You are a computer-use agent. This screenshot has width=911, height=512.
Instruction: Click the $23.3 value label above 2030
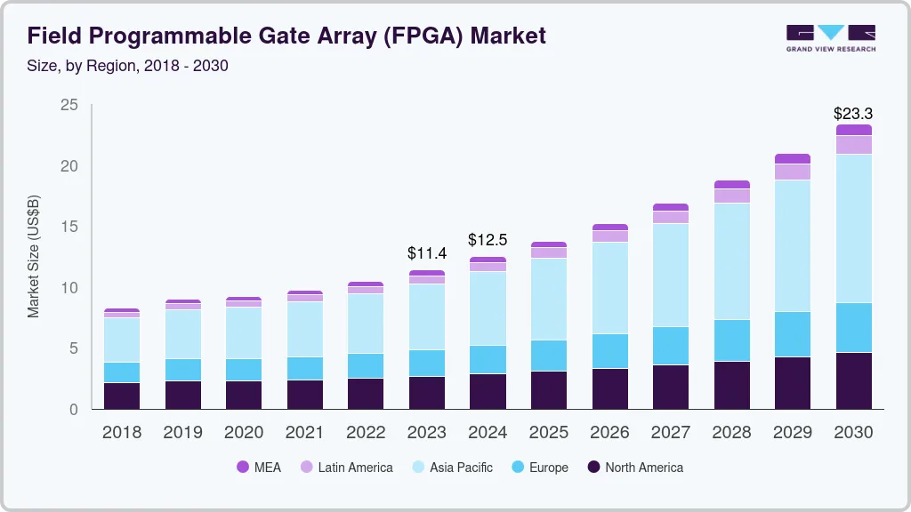point(853,114)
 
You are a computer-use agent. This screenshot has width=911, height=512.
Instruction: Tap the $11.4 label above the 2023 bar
point(427,253)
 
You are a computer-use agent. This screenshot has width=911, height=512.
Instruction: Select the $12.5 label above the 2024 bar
point(488,240)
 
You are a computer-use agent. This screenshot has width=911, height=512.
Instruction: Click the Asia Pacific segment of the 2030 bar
point(853,228)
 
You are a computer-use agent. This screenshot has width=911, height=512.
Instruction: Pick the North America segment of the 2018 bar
point(122,396)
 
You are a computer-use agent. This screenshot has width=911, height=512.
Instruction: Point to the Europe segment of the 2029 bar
point(793,334)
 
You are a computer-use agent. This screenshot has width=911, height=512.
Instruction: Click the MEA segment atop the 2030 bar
point(853,130)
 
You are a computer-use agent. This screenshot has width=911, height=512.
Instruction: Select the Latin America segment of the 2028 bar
point(731,196)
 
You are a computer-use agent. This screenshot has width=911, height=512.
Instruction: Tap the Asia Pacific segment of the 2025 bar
point(549,299)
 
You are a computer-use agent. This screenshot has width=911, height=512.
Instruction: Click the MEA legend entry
point(259,467)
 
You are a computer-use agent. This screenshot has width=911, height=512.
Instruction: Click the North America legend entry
point(635,467)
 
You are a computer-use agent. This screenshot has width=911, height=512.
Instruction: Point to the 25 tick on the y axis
point(69,106)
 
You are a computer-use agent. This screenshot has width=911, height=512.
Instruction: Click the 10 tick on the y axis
point(69,288)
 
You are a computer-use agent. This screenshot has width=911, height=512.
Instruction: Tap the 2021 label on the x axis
point(305,433)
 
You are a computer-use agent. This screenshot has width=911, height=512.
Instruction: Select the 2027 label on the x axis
point(671,433)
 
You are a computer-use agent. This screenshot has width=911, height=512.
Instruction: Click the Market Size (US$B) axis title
point(33,256)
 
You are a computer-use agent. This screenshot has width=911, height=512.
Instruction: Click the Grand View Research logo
point(830,37)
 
